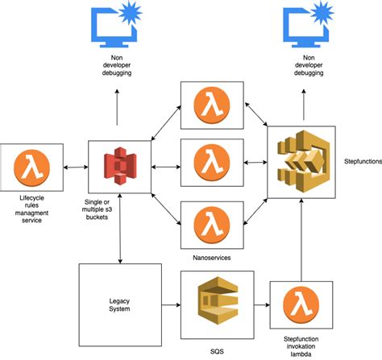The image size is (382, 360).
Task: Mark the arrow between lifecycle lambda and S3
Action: pyautogui.click(x=76, y=167)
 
